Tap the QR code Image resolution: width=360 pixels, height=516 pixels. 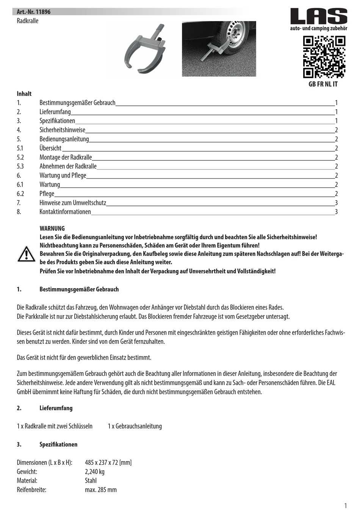coord(324,57)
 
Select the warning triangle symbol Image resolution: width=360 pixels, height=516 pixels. coord(26,254)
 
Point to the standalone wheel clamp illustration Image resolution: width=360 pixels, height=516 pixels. coord(146,49)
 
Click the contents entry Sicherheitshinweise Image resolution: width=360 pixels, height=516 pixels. coord(62,130)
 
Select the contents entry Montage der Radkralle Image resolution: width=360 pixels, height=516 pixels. coord(66,157)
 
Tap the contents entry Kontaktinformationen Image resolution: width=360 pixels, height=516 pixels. coord(65,212)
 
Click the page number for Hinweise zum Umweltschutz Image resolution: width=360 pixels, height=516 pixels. coord(336,203)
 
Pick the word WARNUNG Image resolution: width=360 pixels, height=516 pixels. coord(52,229)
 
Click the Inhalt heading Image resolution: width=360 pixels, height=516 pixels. coord(24,94)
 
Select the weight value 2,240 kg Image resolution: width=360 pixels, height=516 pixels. coord(95,472)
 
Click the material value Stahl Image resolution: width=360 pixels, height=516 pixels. coord(91,481)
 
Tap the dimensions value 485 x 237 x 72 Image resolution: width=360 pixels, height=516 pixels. coord(108,463)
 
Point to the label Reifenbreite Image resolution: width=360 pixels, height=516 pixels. coord(31,490)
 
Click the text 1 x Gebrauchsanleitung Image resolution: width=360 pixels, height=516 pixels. coord(135,426)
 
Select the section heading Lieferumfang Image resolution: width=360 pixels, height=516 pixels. coord(56,408)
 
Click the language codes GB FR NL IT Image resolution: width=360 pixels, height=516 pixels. coord(322,84)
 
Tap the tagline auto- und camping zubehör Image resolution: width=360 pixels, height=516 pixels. coord(318,28)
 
